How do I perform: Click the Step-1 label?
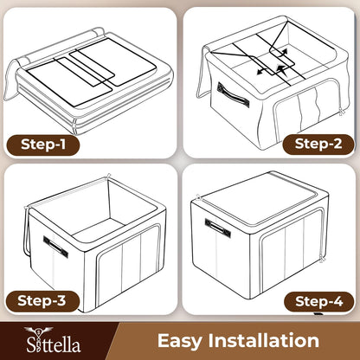[42, 145]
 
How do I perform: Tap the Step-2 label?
[318, 144]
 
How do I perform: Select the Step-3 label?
[42, 301]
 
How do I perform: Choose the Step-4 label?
[319, 302]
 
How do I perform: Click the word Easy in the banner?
[180, 341]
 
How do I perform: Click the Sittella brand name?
[54, 344]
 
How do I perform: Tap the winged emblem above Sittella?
[38, 331]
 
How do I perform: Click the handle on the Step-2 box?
[233, 95]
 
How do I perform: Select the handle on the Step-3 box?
[55, 247]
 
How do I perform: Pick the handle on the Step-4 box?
[218, 228]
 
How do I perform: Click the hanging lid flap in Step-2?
[202, 74]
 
